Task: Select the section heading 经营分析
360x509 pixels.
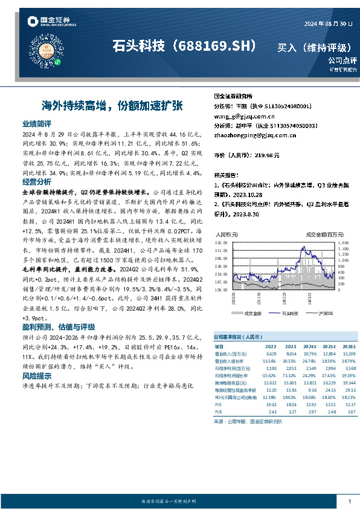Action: (x=36, y=181)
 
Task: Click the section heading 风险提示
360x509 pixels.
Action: (x=36, y=375)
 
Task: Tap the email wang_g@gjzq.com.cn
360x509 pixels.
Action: (x=245, y=115)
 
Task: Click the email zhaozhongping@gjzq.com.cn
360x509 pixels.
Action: (x=256, y=135)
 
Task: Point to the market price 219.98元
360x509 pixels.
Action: (x=266, y=155)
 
